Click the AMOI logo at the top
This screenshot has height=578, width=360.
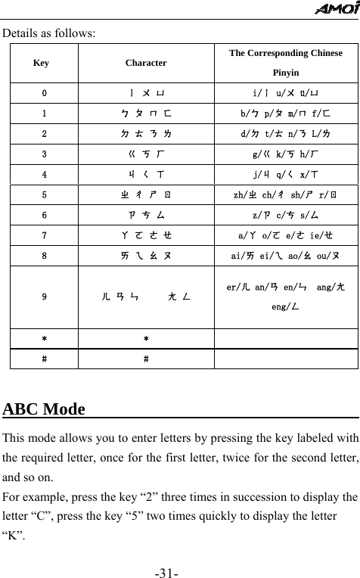point(335,9)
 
